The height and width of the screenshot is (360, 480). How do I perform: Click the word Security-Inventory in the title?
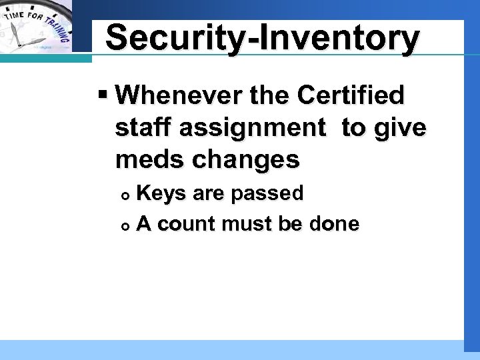coord(263,38)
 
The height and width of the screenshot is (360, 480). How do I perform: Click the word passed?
coord(267,194)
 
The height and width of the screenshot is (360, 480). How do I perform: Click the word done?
coord(334,225)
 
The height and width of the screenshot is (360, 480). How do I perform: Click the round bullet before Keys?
coord(127,195)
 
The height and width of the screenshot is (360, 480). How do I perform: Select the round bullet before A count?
coord(127,225)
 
